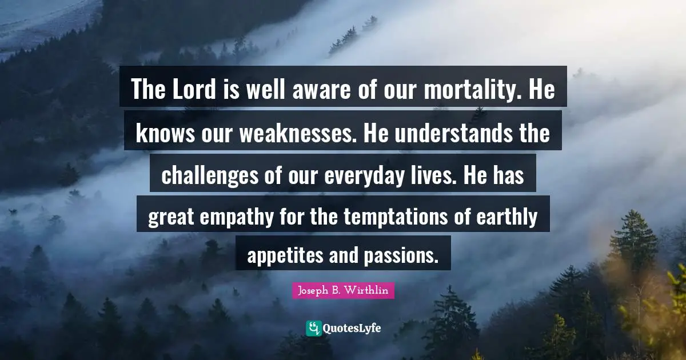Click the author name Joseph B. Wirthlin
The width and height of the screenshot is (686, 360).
tap(343, 290)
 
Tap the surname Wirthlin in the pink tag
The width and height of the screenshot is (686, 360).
tap(369, 290)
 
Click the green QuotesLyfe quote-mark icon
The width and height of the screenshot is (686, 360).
tap(314, 328)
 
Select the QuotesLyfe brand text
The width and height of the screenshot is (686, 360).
tap(352, 329)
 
